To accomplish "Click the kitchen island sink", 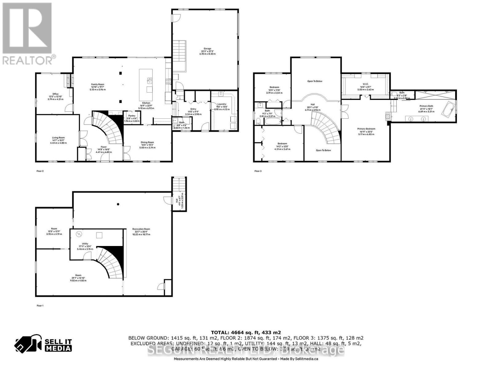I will point(149,81).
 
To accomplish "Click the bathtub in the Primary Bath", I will point(449,109).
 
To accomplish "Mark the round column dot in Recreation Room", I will point(118,204).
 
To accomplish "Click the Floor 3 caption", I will point(258,171).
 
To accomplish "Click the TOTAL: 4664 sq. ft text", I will point(246,332).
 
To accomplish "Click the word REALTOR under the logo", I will point(28,60).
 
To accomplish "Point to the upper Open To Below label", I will point(315,81).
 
